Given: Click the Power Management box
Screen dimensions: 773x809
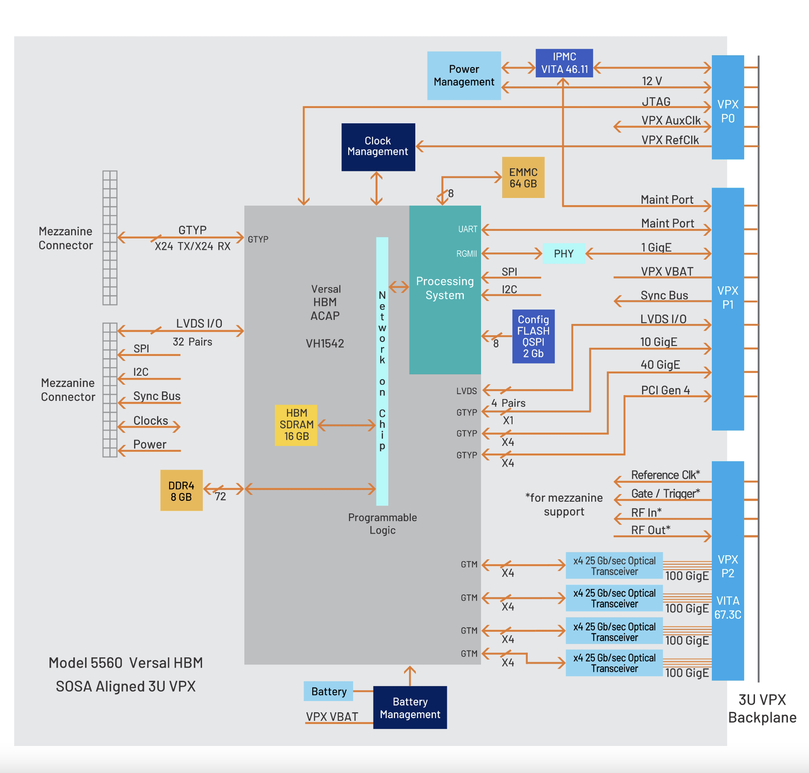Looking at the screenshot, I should [x=463, y=76].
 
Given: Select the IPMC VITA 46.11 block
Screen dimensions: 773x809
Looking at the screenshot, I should [x=564, y=63].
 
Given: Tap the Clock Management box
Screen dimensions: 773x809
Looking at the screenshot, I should [x=378, y=147].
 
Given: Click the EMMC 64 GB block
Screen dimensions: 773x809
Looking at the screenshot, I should [x=523, y=178].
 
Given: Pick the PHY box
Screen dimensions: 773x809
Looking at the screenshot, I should [x=563, y=254].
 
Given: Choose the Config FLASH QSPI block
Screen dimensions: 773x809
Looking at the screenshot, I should [x=533, y=336].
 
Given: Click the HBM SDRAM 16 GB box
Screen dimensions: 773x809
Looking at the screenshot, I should [x=296, y=425].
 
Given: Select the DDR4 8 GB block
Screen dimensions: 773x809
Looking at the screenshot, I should [x=181, y=490].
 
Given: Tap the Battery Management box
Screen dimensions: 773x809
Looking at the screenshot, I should [x=410, y=707].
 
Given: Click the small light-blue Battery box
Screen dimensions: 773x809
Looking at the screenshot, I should [x=328, y=691].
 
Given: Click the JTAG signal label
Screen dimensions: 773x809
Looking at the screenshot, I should [x=656, y=102].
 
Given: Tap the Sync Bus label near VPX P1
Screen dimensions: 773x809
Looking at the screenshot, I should [x=664, y=295].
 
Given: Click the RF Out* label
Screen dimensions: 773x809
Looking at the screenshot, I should [x=650, y=530].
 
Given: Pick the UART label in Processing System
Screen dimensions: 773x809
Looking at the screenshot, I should [x=467, y=229].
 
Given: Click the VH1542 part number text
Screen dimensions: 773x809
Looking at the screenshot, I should [x=325, y=343].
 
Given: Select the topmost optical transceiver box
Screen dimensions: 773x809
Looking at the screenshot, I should [x=614, y=566].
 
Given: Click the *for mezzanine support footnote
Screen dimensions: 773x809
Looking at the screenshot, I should [x=564, y=504].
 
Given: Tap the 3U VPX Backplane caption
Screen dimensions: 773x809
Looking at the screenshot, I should [x=762, y=708].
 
